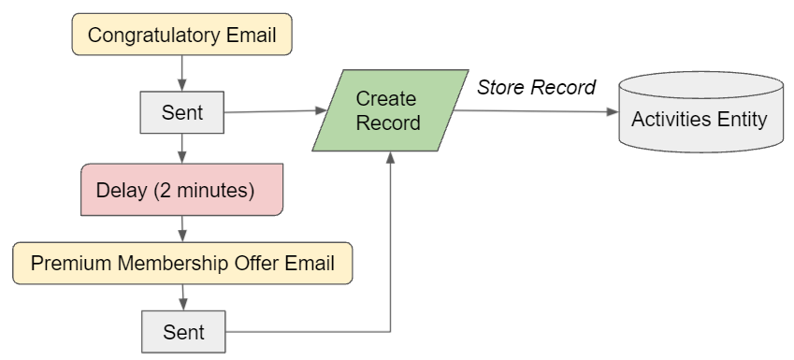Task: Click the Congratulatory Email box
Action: tap(182, 36)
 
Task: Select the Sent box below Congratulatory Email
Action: tap(182, 113)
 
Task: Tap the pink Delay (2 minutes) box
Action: tap(182, 191)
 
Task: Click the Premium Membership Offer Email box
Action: tap(182, 263)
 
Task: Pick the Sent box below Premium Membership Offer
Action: tap(182, 332)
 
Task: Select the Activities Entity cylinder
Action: tap(699, 118)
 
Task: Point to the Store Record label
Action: tap(536, 88)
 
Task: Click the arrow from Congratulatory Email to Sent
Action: tap(182, 72)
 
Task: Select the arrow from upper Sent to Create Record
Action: tap(271, 112)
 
